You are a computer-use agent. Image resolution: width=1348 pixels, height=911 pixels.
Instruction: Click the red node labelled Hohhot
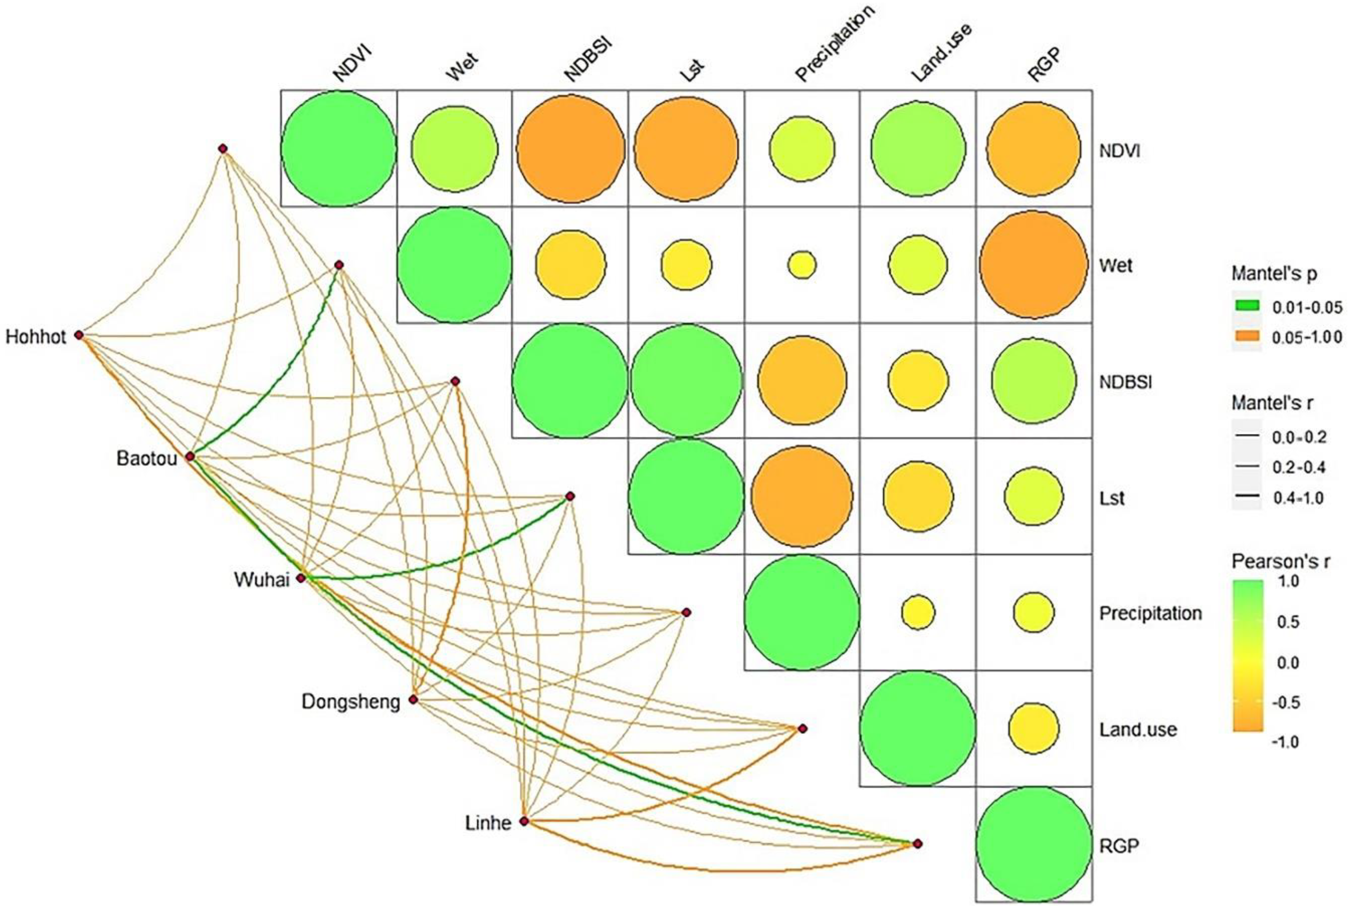tap(79, 335)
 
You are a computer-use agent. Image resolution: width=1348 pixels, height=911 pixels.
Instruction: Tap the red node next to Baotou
tap(190, 457)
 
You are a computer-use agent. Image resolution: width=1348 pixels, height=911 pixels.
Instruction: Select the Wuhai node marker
tap(301, 578)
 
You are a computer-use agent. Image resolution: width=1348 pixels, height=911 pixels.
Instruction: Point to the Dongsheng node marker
tap(413, 700)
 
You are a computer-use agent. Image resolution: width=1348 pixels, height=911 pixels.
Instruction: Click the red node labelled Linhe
tap(524, 821)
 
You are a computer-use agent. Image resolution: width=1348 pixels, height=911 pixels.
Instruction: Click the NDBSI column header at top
tap(588, 58)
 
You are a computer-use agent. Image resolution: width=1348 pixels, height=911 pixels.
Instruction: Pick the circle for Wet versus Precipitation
tap(801, 265)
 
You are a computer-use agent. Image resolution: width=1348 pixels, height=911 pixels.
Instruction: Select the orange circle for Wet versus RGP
tap(1033, 264)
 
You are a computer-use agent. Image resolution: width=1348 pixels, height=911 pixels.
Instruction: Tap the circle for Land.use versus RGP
tap(1033, 728)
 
